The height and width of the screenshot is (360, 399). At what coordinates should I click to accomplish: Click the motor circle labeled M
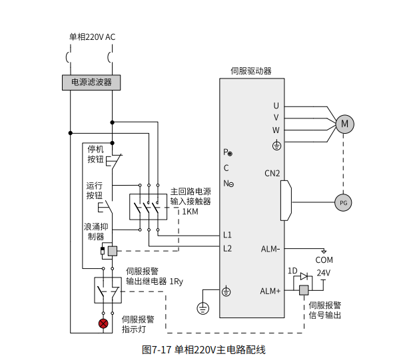pos(344,124)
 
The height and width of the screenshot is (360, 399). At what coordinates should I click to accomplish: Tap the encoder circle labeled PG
pos(343,203)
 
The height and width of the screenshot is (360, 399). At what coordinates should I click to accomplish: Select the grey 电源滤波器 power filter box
pos(91,83)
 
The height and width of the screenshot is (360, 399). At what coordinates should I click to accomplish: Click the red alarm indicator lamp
pos(103,323)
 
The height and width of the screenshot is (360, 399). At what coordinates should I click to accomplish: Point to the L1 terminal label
pos(227,235)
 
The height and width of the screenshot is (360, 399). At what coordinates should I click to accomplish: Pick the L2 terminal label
pos(228,248)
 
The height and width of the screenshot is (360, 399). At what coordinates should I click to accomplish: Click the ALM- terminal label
pos(270,249)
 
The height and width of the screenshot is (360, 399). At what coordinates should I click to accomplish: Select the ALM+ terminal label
pos(270,291)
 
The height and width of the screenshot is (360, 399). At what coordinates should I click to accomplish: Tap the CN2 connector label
pos(272,174)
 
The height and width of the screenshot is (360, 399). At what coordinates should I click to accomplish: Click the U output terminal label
pos(276,106)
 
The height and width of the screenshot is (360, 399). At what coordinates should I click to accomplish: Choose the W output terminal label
pos(276,130)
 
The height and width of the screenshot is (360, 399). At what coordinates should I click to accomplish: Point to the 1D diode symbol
pos(304,276)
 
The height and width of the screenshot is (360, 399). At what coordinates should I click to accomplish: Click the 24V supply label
pos(324,273)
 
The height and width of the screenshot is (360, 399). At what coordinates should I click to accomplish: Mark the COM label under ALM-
pos(324,260)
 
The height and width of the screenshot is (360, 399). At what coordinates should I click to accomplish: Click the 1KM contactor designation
pos(190,212)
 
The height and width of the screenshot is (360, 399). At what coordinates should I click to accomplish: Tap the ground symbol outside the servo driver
pos(202,308)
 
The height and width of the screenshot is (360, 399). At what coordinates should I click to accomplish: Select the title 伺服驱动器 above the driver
pos(251,71)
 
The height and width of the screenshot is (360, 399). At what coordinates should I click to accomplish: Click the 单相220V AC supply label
pos(92,37)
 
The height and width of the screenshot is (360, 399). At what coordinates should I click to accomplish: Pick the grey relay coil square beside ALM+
pos(304,290)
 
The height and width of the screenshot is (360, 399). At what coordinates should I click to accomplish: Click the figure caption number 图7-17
pos(157,350)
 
